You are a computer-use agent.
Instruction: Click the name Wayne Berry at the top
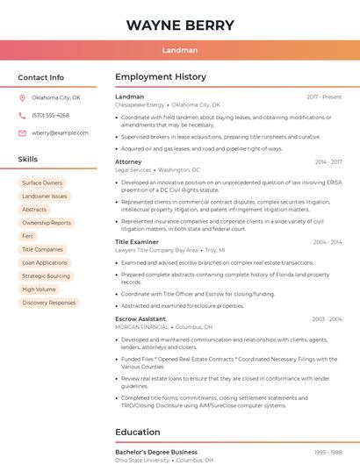[180, 25]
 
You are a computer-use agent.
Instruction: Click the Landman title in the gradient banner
[180, 50]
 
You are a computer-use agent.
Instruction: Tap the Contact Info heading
[41, 77]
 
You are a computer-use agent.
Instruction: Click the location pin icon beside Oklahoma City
[22, 98]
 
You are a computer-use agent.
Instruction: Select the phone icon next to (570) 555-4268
[22, 116]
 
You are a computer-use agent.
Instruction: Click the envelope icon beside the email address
[22, 133]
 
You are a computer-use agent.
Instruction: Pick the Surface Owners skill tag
[42, 183]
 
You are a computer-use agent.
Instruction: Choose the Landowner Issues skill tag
[45, 197]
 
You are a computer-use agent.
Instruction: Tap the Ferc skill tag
[28, 236]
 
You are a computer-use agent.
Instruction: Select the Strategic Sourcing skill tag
[46, 275]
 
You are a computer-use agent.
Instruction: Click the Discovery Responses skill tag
[49, 303]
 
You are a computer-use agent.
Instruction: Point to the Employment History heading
[161, 77]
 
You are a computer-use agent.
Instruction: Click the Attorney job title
[128, 161]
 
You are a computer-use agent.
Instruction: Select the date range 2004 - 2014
[327, 241]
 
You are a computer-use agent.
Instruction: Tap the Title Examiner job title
[137, 241]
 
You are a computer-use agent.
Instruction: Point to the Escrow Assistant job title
[140, 318]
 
